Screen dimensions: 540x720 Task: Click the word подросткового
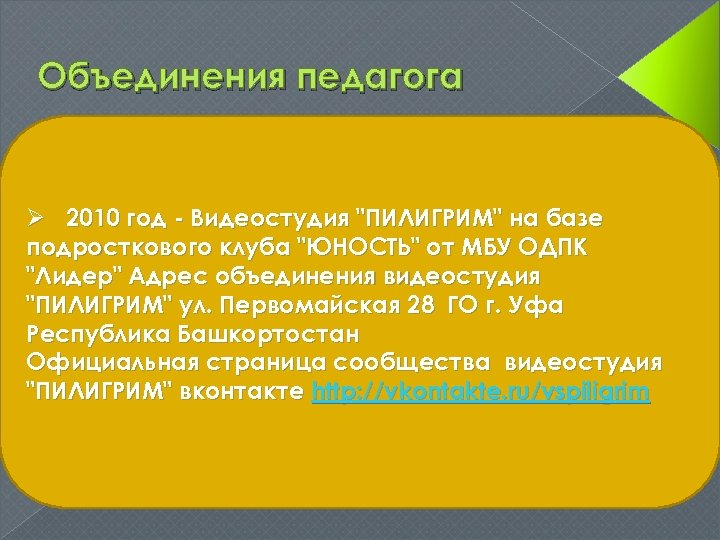110,247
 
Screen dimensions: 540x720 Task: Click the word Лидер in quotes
71,275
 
